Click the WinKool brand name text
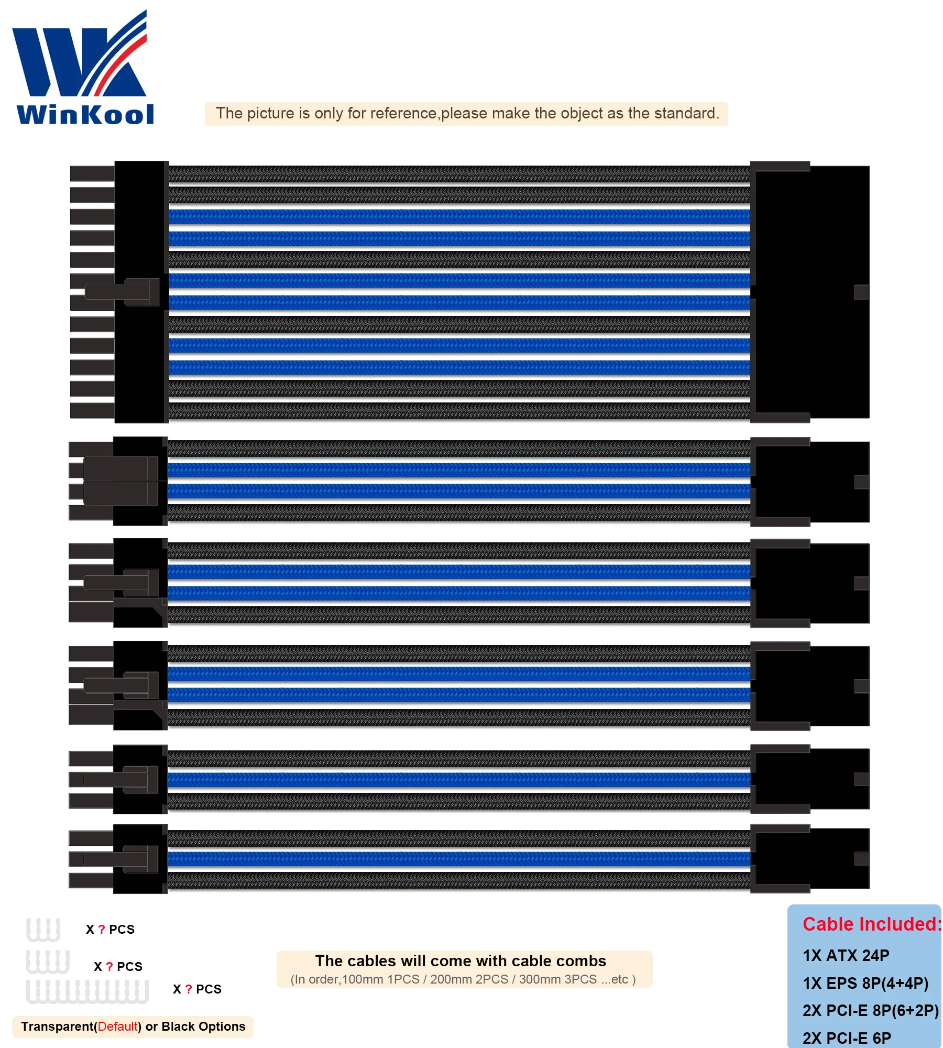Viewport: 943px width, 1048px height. tap(85, 115)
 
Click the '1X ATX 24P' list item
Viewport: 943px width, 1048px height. tap(846, 955)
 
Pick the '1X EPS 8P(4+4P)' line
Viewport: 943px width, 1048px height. tap(865, 983)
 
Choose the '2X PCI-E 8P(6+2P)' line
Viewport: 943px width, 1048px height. tap(870, 1010)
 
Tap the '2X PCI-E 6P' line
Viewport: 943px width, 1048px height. tap(847, 1038)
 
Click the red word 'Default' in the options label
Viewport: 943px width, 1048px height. tap(117, 1026)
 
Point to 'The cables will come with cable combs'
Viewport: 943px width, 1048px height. tap(460, 960)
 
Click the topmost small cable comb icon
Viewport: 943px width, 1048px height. tap(43, 929)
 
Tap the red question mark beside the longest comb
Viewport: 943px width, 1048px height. tap(188, 989)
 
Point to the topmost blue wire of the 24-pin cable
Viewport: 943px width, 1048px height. tap(459, 216)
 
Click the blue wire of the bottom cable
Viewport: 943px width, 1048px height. tap(459, 859)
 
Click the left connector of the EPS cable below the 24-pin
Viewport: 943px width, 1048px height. tap(118, 481)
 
